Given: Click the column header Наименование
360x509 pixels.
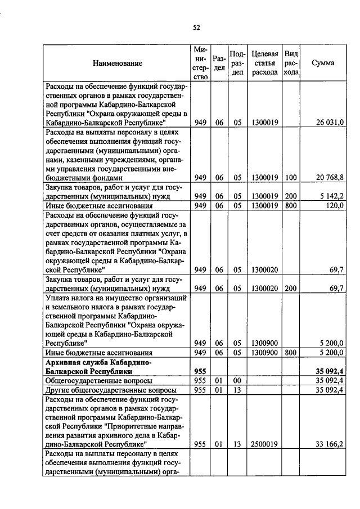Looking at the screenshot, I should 118,63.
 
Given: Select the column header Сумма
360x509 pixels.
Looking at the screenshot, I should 323,63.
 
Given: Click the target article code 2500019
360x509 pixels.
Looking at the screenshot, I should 264,444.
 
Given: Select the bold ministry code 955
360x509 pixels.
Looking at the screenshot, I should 200,371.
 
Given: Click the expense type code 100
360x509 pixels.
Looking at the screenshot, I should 291,178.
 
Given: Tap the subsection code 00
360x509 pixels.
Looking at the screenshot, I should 237,381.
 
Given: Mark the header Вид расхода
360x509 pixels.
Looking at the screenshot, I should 291,63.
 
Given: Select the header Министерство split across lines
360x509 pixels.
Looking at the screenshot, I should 200,63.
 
